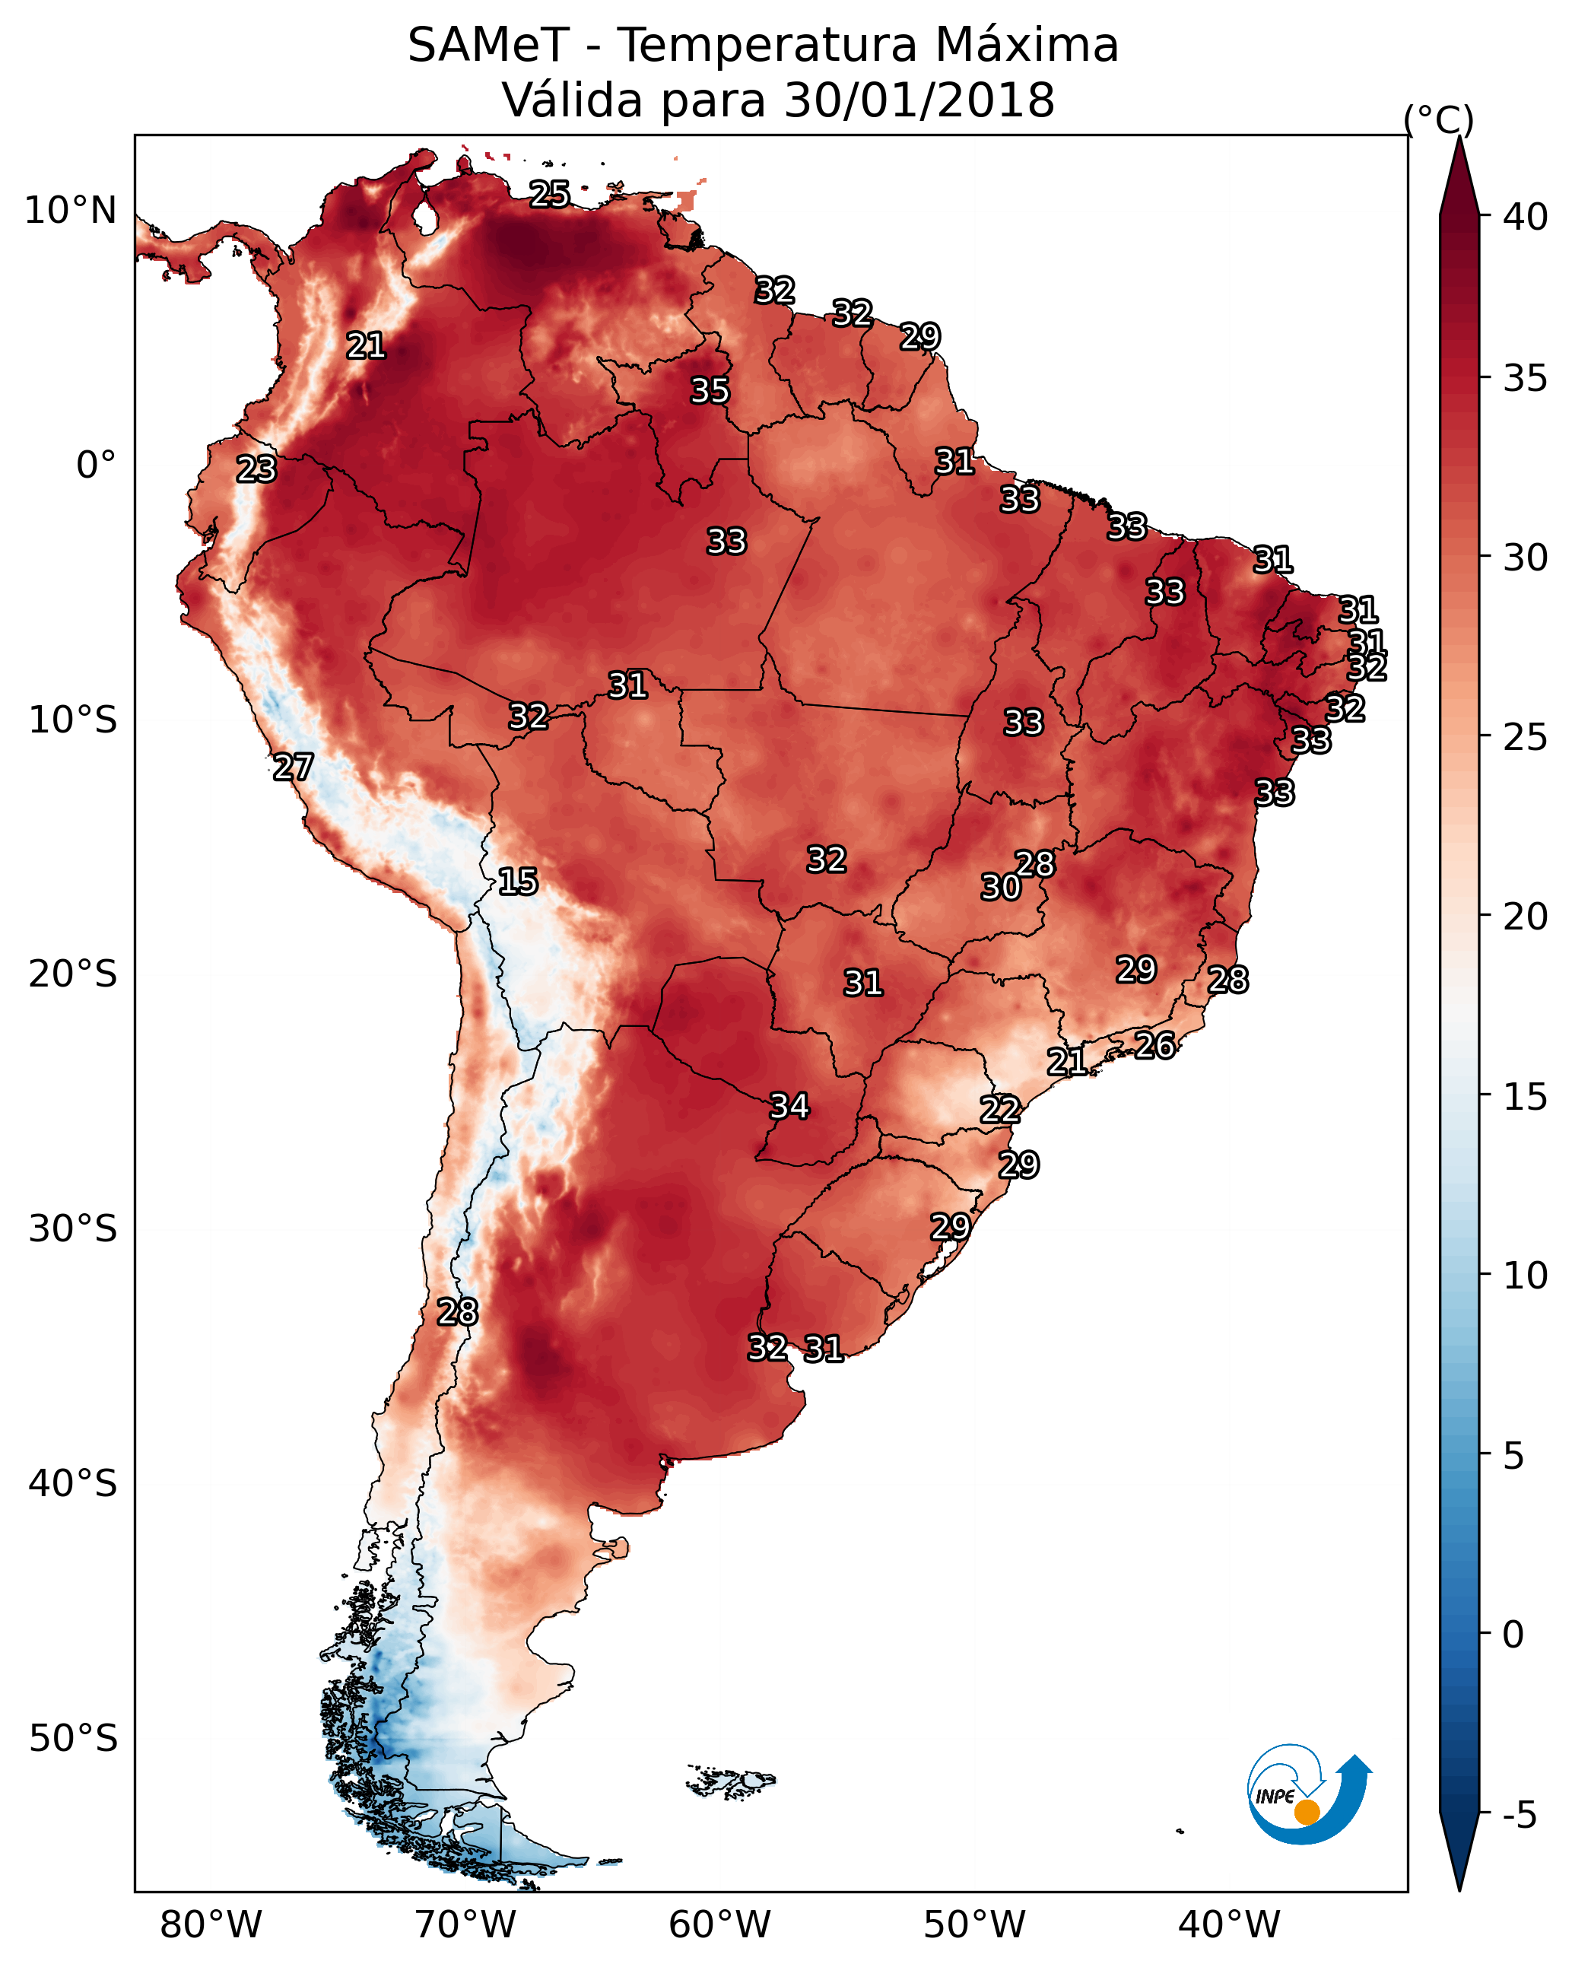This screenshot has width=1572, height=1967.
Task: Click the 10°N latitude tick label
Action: (70, 210)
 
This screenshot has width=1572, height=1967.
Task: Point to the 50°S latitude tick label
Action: (73, 1738)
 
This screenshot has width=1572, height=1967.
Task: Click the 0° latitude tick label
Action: (97, 465)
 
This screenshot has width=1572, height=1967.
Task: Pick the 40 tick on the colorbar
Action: (1526, 217)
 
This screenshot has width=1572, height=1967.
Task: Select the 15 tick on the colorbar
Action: (1526, 1097)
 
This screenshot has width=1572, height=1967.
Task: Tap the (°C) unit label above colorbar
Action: (1439, 119)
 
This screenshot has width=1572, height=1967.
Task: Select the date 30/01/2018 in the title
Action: (919, 100)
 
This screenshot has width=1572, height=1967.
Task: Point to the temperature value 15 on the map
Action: (517, 882)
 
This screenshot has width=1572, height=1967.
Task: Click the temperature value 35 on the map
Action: (709, 390)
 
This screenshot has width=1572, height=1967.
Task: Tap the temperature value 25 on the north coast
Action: (549, 193)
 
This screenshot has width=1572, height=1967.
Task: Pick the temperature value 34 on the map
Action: (789, 1106)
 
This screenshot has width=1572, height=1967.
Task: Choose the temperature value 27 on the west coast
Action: (293, 767)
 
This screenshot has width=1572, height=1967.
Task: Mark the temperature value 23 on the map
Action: (256, 469)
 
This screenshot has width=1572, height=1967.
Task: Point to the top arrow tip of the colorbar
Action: (1459, 137)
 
